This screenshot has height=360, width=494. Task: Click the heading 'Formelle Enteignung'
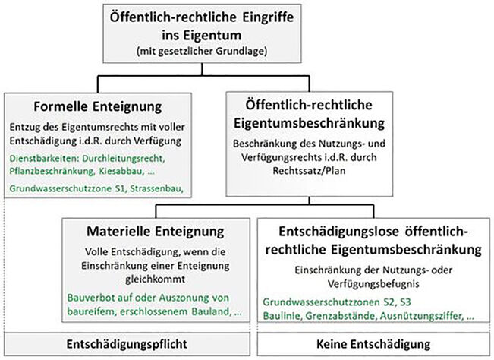(98, 106)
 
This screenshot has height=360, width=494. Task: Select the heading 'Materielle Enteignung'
(156, 232)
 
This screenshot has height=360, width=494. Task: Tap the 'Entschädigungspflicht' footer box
(127, 344)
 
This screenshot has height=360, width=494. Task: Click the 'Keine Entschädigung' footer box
(373, 344)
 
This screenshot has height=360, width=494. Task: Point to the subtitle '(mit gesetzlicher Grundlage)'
(202, 51)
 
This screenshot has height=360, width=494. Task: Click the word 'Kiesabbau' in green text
(120, 171)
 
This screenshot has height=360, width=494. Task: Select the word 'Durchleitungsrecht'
(124, 158)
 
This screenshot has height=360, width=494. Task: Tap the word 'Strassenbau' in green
(156, 188)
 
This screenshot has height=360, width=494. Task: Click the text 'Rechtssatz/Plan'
(309, 171)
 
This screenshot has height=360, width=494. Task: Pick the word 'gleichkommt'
(156, 279)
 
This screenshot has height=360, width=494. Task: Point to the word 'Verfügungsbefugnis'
(373, 284)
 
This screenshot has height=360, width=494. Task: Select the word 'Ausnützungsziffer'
(421, 315)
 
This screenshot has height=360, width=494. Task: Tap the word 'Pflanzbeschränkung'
(52, 171)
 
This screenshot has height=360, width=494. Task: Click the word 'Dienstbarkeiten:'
(44, 158)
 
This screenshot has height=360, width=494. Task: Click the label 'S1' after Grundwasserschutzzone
(121, 188)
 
